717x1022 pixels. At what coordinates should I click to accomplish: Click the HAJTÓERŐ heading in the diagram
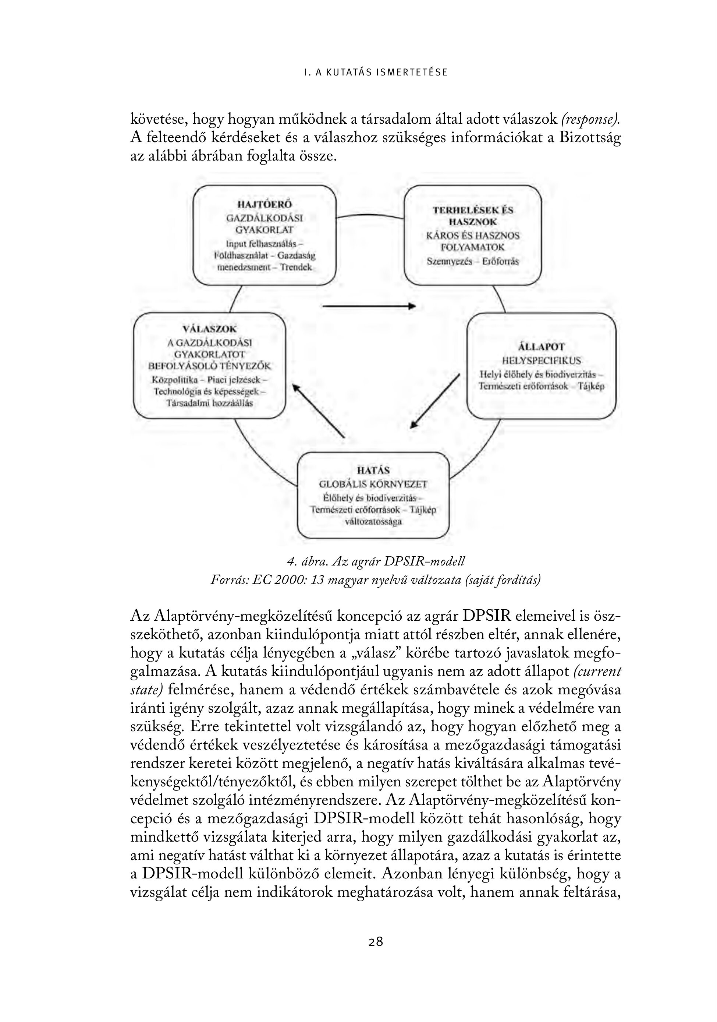click(x=264, y=204)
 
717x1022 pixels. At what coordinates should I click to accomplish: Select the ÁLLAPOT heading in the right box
click(x=541, y=347)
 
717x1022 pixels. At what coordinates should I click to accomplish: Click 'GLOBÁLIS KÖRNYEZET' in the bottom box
click(x=373, y=484)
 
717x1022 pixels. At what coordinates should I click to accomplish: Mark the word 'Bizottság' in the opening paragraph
click(x=590, y=138)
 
